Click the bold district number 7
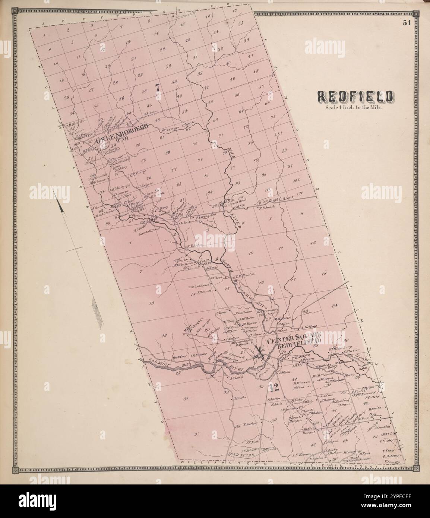click(158, 88)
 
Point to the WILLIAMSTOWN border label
click(224, 462)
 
